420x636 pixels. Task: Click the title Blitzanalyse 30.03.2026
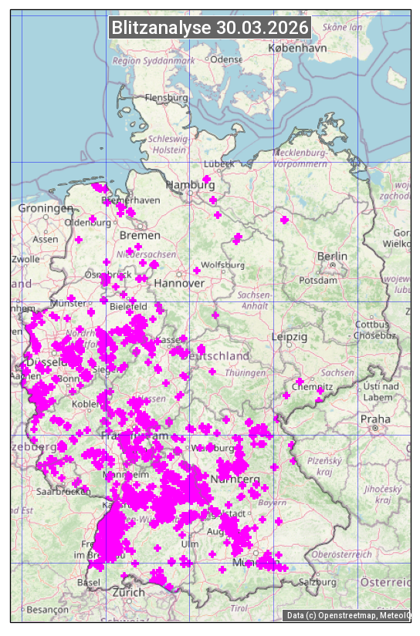(x=210, y=28)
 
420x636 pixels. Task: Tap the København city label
(x=297, y=48)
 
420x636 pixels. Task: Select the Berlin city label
(x=332, y=256)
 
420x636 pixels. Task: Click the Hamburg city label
(x=189, y=185)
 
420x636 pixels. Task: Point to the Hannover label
(x=179, y=283)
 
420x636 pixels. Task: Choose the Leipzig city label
(x=290, y=337)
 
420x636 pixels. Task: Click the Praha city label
(x=375, y=419)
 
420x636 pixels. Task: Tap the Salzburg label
(x=320, y=581)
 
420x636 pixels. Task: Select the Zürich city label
(x=128, y=592)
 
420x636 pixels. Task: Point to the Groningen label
(x=46, y=208)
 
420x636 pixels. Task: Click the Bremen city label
(x=140, y=234)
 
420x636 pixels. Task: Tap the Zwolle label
(x=25, y=259)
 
